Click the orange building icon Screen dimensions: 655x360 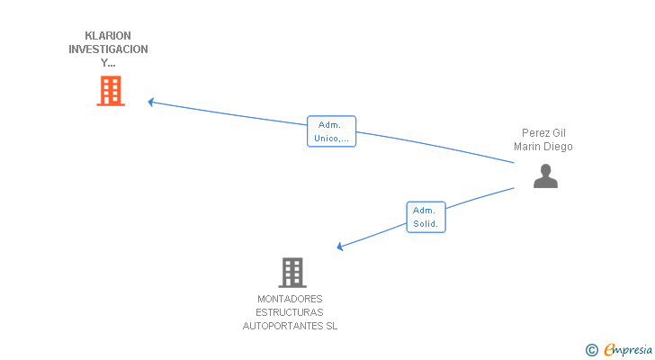point(111,91)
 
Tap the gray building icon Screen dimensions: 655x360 point(292,273)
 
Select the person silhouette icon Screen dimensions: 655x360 point(545,175)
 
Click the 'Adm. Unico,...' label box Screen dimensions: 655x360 point(332,131)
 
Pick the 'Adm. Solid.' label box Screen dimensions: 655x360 point(426,217)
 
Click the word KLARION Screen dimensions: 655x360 point(108,35)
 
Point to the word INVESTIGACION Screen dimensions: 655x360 point(108,49)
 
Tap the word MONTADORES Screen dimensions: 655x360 point(290,299)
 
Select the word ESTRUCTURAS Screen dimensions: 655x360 point(290,312)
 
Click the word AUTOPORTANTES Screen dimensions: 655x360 point(283,326)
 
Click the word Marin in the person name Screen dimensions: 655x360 point(526,147)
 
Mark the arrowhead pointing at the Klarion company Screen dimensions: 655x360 point(151,102)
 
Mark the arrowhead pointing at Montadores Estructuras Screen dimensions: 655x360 point(339,247)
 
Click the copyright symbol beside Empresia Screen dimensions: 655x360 point(591,350)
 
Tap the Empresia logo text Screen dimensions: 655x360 point(628,350)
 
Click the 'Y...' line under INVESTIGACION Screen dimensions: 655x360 point(108,63)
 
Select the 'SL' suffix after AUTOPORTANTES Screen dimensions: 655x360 point(332,326)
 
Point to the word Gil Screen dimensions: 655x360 point(559,133)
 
